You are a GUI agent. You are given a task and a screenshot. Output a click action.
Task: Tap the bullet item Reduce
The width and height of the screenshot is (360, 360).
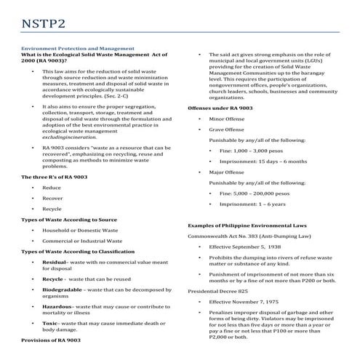pyautogui.click(x=52, y=188)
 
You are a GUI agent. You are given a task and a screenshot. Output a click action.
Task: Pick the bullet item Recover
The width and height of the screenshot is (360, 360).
pyautogui.click(x=53, y=198)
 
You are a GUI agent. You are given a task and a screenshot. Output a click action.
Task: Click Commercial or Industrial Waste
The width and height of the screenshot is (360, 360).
pyautogui.click(x=81, y=241)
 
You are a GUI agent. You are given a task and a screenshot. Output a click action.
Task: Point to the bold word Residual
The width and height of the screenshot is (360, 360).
pyautogui.click(x=55, y=262)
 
